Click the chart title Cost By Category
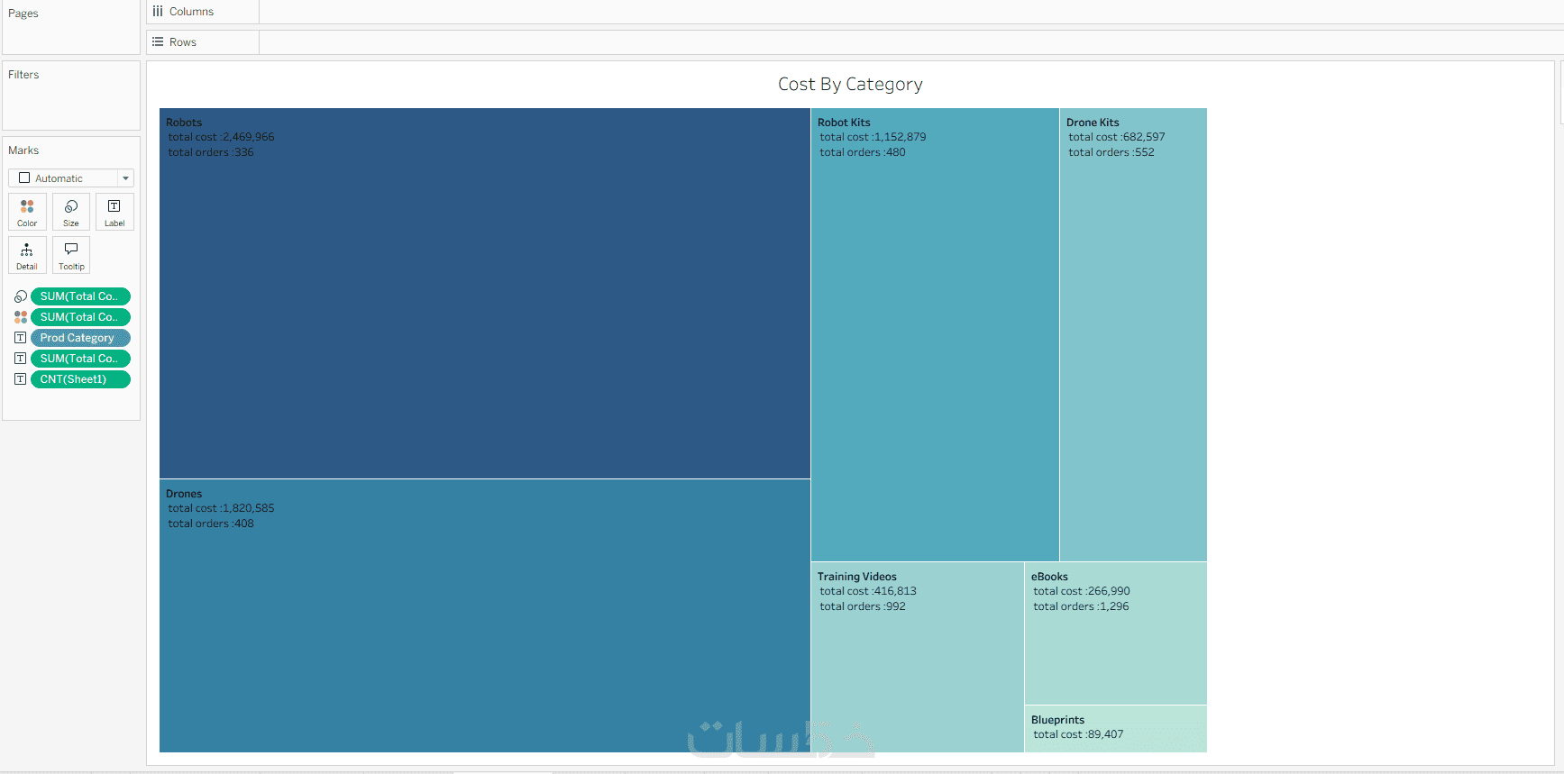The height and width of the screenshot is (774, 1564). tap(850, 84)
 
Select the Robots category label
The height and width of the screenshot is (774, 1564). tap(184, 123)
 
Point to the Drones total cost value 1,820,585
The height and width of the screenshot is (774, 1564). tap(249, 508)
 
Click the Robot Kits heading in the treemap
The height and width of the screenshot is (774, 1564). tap(844, 123)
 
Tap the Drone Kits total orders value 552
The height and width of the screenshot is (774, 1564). tap(1145, 152)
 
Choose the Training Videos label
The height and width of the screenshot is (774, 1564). tap(857, 577)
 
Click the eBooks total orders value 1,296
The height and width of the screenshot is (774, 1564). tap(1114, 606)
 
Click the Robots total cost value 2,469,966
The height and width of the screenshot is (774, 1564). tap(249, 137)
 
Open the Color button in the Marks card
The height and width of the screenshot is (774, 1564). tap(27, 212)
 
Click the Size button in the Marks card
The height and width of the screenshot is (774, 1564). tap(71, 212)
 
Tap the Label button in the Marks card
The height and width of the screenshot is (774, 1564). tap(114, 212)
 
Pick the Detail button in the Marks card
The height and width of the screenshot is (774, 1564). tap(27, 255)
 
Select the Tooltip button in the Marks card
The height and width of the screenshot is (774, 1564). tap(71, 255)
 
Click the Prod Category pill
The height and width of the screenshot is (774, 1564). tap(80, 338)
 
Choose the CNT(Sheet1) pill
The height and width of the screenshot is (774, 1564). tap(80, 379)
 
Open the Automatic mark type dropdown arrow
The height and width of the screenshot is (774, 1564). tap(125, 178)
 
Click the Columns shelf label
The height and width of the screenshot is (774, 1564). tap(191, 12)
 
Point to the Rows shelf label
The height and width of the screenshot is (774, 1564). tap(183, 42)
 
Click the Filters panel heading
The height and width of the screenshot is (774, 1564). tap(23, 75)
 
